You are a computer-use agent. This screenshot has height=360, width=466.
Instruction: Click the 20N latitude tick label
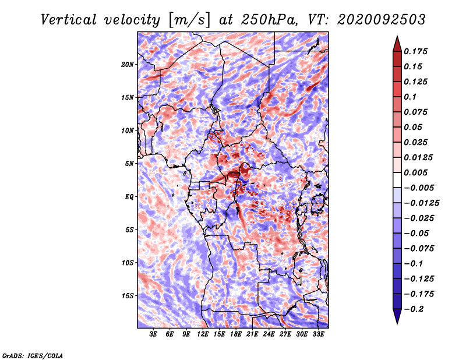point(128,65)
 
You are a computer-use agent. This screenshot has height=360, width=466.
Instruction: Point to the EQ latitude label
point(129,197)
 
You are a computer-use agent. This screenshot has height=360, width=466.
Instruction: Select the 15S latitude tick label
point(128,296)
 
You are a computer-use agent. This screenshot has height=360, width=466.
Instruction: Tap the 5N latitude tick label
point(129,164)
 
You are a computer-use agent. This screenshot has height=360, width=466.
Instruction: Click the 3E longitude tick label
point(153,334)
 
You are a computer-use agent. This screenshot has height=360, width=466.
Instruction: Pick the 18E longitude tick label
point(235,334)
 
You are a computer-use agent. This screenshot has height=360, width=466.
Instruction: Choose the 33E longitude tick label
point(318,334)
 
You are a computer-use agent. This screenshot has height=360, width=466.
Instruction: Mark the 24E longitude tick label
point(269,334)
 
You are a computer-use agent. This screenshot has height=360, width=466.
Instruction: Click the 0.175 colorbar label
point(415,51)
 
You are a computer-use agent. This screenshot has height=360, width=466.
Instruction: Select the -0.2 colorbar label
point(414,309)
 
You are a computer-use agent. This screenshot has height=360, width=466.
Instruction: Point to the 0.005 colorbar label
point(415,172)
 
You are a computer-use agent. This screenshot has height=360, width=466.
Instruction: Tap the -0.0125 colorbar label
point(421,203)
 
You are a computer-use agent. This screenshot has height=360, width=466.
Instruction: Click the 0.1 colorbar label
point(410,97)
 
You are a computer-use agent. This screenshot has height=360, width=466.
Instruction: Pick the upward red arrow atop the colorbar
point(397,44)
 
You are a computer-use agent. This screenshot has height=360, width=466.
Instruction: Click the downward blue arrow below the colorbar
point(397,316)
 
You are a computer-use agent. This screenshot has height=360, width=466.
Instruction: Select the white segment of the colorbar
point(397,180)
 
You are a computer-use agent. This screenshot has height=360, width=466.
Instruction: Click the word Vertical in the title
point(69,20)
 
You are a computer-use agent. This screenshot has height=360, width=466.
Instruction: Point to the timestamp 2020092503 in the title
point(382,20)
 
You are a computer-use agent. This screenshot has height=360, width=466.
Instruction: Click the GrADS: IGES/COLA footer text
point(33,355)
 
